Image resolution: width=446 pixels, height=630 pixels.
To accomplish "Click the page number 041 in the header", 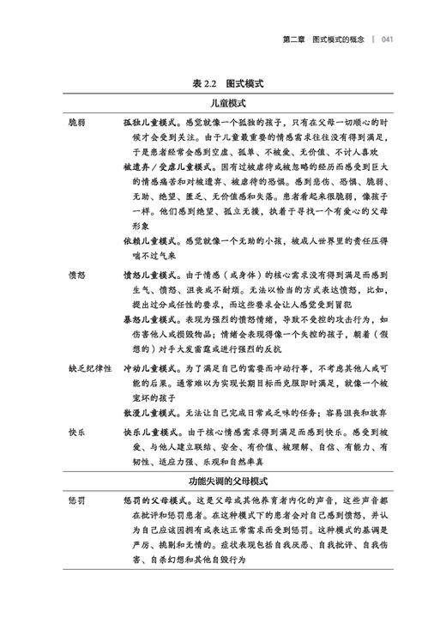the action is click(x=387, y=39).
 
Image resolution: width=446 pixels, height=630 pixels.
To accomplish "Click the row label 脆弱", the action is click(x=79, y=123).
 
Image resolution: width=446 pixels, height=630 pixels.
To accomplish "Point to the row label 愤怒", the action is click(x=79, y=276).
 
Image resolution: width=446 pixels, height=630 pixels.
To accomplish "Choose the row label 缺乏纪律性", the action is click(x=90, y=367).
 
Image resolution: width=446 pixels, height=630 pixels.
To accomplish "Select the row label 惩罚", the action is click(x=79, y=500).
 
